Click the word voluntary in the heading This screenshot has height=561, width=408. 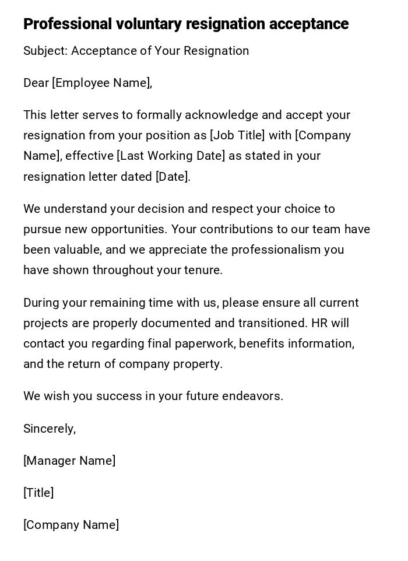(149, 24)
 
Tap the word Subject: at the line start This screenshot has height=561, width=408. (45, 51)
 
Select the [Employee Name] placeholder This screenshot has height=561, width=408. (102, 83)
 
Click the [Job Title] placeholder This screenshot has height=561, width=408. (237, 136)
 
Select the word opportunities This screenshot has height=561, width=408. (129, 230)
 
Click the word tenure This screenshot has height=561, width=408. (204, 271)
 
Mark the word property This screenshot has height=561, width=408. (201, 364)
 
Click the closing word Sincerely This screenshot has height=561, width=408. (49, 429)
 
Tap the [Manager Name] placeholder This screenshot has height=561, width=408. (69, 461)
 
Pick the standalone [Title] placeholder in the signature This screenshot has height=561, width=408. (38, 493)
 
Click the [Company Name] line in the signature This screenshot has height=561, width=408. (71, 525)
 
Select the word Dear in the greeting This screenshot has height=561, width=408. (36, 83)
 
